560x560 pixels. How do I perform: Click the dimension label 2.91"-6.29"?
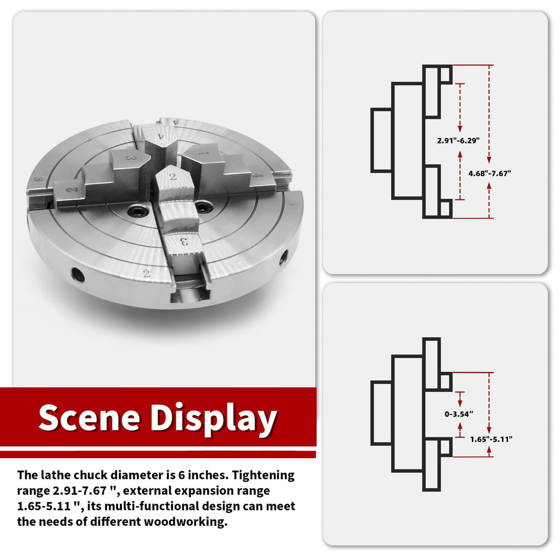tap(458, 141)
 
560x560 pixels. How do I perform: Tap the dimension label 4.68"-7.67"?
tap(490, 173)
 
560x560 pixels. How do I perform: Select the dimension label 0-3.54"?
tap(459, 414)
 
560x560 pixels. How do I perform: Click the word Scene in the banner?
tap(89, 417)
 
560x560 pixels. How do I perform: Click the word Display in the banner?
tap(213, 420)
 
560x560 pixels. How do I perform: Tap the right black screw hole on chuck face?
tap(204, 207)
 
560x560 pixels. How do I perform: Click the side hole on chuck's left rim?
tap(78, 274)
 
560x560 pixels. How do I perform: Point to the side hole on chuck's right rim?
tap(284, 256)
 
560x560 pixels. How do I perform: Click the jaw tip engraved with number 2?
tap(173, 178)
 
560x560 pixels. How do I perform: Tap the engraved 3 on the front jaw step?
tap(184, 241)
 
